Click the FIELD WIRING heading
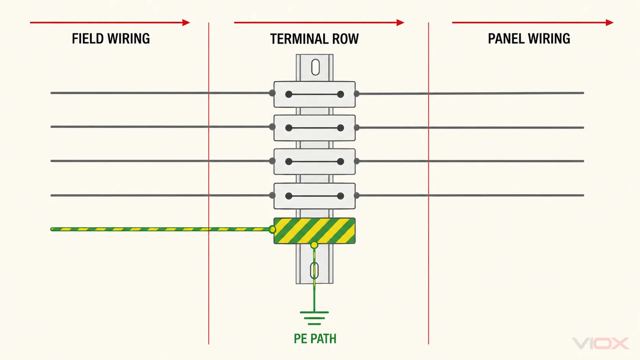(x=111, y=39)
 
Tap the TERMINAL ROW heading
(x=314, y=39)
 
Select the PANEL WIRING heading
(x=529, y=39)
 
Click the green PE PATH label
(x=315, y=339)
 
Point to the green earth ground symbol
(x=314, y=318)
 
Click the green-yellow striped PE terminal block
(x=315, y=231)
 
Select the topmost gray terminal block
(x=315, y=94)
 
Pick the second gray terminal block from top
(x=315, y=128)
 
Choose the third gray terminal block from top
(x=315, y=161)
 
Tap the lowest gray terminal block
(x=315, y=196)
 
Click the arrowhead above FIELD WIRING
(x=186, y=23)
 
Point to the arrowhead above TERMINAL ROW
(x=400, y=23)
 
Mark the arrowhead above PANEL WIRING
(x=610, y=23)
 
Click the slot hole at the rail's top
(x=315, y=67)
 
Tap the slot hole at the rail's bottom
(x=314, y=270)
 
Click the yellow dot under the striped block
(x=314, y=245)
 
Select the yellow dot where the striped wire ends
(x=273, y=229)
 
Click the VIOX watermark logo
(x=601, y=344)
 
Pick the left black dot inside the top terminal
(x=289, y=94)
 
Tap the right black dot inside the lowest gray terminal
(x=340, y=196)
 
